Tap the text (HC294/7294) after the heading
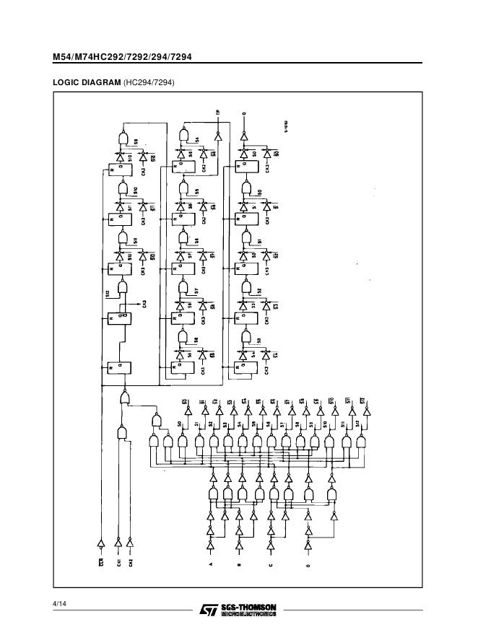click(x=149, y=83)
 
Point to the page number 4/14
click(x=60, y=603)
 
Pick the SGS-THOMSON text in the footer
click(x=250, y=606)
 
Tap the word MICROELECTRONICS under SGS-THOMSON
click(x=250, y=614)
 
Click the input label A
click(x=211, y=566)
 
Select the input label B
click(x=239, y=566)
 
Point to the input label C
click(x=271, y=566)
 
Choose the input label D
click(x=308, y=566)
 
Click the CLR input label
click(x=101, y=561)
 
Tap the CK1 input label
click(x=119, y=561)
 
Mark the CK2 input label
click(x=131, y=561)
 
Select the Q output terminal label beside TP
click(x=244, y=113)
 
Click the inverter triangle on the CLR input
click(x=101, y=543)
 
